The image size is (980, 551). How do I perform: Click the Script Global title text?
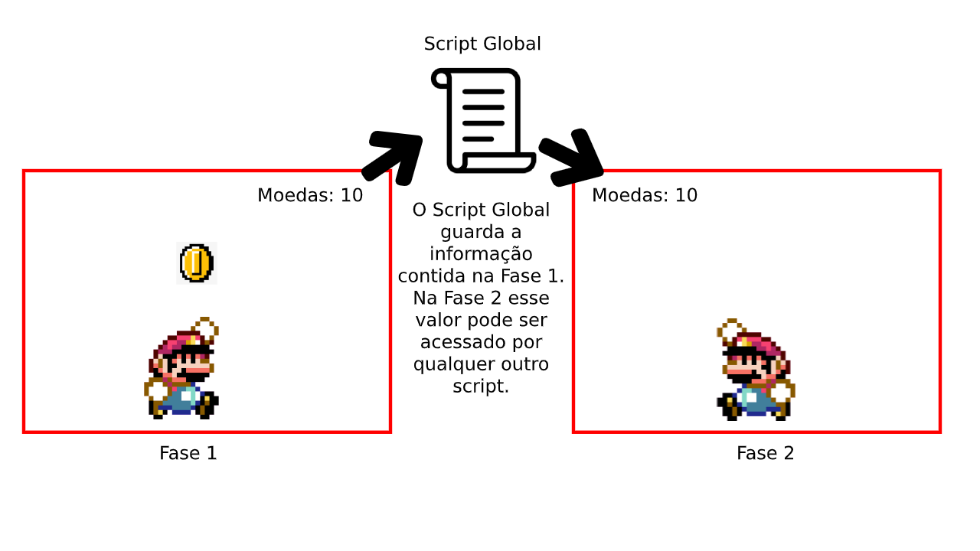482,44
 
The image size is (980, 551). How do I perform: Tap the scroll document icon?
483,120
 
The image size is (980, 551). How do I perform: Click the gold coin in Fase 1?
197,263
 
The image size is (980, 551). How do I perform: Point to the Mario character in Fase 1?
181,368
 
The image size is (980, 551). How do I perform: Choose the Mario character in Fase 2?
756,370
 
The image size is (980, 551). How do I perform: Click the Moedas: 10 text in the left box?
310,195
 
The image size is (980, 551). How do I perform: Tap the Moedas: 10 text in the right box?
645,195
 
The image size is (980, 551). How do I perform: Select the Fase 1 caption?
188,453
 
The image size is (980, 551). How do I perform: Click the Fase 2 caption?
765,453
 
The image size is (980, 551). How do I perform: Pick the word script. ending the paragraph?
481,386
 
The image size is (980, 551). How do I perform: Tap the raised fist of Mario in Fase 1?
204,330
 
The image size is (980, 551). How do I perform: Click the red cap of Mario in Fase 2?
760,344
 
